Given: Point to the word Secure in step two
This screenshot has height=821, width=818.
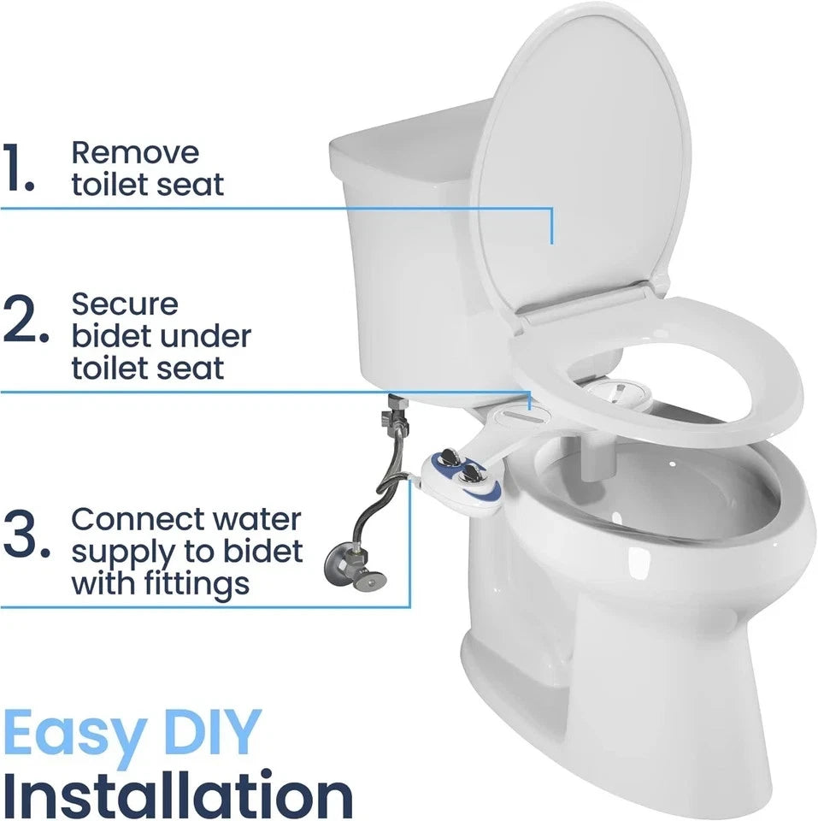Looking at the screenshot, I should [125, 304].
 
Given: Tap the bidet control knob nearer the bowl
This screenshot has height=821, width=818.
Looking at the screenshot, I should [471, 475].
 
